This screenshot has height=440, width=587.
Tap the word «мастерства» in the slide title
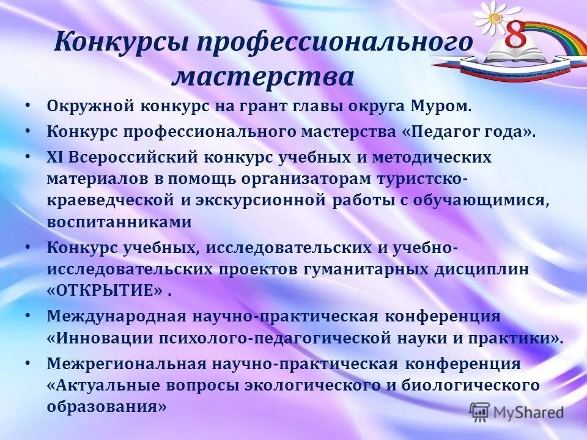(264, 77)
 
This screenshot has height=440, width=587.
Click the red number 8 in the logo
(515, 37)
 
